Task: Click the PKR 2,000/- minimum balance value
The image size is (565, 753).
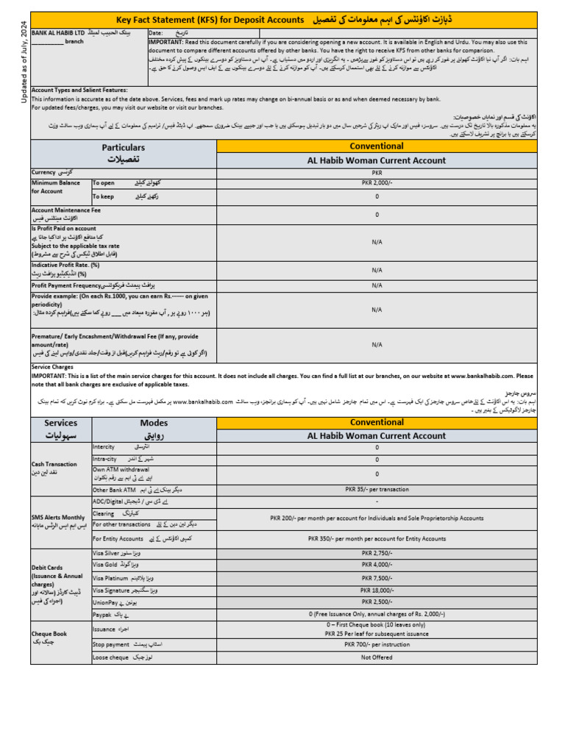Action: (x=377, y=182)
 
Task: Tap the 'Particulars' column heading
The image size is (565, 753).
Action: (x=124, y=148)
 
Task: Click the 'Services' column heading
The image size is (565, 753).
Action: (x=60, y=423)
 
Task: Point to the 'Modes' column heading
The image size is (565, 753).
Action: (x=154, y=423)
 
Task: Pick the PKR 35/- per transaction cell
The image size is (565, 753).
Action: (x=377, y=489)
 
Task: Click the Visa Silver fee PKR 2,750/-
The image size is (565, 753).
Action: (x=377, y=551)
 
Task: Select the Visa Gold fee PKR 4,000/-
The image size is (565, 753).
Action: (x=377, y=565)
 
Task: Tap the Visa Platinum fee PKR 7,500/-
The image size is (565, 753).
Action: (x=377, y=578)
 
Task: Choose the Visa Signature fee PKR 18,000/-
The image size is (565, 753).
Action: (x=377, y=590)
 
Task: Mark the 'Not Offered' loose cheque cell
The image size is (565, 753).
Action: (x=377, y=657)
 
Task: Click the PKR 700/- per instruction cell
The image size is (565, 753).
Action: (x=377, y=643)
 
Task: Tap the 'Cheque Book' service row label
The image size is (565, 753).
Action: (x=49, y=632)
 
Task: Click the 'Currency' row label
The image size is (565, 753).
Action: (x=44, y=171)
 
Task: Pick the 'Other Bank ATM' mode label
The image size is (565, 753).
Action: (x=114, y=489)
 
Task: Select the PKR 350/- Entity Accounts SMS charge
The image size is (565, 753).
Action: (x=377, y=539)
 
